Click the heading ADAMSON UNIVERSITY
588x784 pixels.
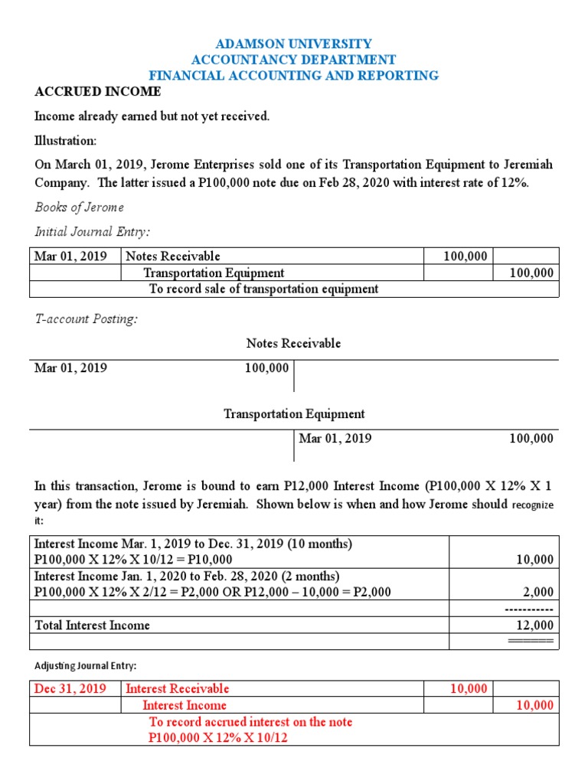[x=293, y=44]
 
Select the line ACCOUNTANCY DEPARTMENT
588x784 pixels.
[x=293, y=60]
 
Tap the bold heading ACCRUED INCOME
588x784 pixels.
[x=98, y=92]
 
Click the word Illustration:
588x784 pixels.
[x=66, y=141]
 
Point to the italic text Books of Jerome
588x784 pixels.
[x=79, y=207]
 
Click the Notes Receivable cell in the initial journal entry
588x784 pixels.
[x=173, y=256]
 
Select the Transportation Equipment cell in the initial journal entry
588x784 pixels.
[x=214, y=273]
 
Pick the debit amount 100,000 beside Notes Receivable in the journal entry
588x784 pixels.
[x=465, y=256]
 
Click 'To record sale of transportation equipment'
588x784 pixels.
[x=263, y=289]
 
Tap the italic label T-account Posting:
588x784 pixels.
[x=87, y=319]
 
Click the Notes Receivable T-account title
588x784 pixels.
[x=293, y=343]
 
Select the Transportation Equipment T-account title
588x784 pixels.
[x=293, y=413]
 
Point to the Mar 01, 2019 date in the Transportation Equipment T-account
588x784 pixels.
[x=335, y=438]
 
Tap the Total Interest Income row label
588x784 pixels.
[x=93, y=625]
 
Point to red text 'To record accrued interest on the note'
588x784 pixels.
[x=250, y=722]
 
